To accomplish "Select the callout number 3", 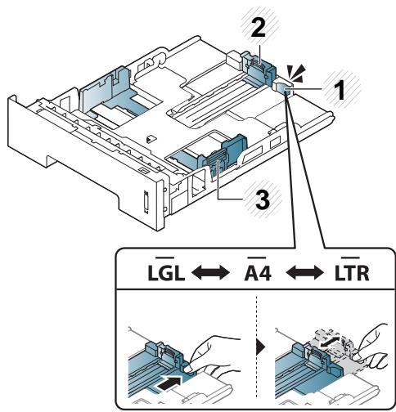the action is click(x=263, y=200).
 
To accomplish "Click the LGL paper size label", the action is click(x=166, y=273).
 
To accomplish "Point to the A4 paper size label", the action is click(x=258, y=273).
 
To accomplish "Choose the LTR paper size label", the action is click(x=352, y=273).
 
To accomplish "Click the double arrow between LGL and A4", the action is click(x=211, y=273).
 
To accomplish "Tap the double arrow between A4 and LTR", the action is click(x=305, y=273).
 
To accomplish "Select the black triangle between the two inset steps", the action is click(x=261, y=348).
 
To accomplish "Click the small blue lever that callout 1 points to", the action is click(x=284, y=89).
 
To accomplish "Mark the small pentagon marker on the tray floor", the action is click(x=150, y=139).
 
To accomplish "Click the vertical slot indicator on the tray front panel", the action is click(x=146, y=201).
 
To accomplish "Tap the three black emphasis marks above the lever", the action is click(x=296, y=73).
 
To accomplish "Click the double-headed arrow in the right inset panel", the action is click(x=331, y=342).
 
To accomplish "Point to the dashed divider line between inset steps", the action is click(x=256, y=346).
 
